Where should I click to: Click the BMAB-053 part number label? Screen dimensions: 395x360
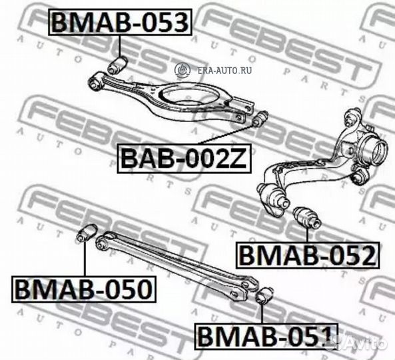click(x=120, y=22)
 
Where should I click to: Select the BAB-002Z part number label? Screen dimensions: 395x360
click(x=184, y=158)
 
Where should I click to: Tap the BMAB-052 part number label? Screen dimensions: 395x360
click(x=307, y=255)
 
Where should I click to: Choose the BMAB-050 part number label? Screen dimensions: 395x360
click(x=84, y=289)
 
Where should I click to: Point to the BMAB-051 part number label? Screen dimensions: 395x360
click(x=266, y=336)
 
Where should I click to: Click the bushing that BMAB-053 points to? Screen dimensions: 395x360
click(x=117, y=65)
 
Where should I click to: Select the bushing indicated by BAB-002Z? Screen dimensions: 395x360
click(x=260, y=118)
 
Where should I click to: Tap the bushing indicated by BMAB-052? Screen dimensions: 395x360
click(x=308, y=217)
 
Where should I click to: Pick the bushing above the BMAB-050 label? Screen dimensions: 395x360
click(x=87, y=232)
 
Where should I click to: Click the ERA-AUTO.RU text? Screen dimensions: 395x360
click(x=224, y=71)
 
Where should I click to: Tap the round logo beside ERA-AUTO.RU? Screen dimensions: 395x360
click(x=183, y=69)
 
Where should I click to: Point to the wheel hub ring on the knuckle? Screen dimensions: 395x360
click(x=373, y=151)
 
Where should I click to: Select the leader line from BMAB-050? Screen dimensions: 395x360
click(x=85, y=259)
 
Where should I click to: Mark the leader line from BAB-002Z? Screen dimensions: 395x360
click(x=226, y=134)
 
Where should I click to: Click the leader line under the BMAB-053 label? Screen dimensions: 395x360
click(x=120, y=47)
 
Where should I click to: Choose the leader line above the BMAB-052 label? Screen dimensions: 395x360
click(x=308, y=234)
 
